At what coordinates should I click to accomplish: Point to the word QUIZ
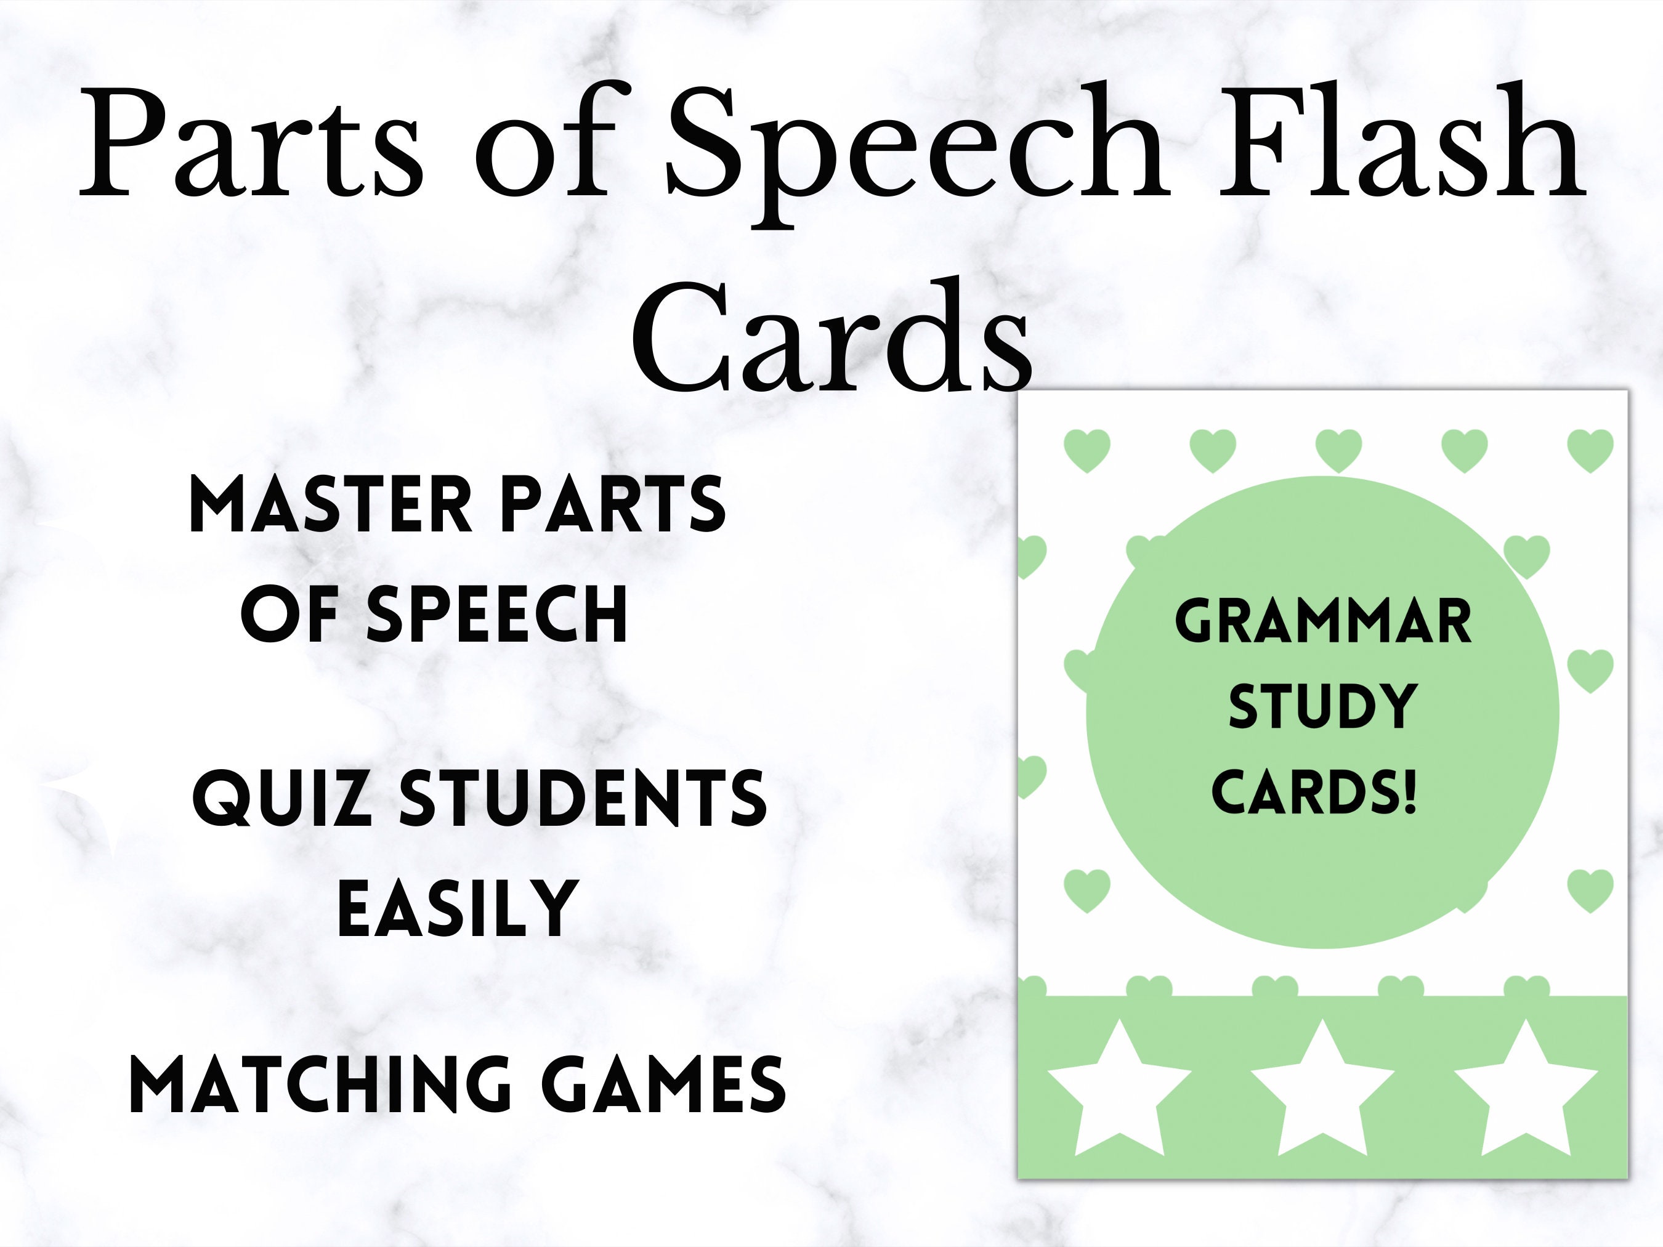pos(282,799)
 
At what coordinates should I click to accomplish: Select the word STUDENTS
pos(582,799)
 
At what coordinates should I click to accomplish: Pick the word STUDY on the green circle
pos(1322,706)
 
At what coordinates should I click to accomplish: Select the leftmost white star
pos(1118,1091)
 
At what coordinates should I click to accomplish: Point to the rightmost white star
pos(1526,1091)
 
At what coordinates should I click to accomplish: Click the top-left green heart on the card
pos(1087,450)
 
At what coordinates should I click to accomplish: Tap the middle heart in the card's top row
pos(1339,450)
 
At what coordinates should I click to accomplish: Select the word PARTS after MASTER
pos(613,506)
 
